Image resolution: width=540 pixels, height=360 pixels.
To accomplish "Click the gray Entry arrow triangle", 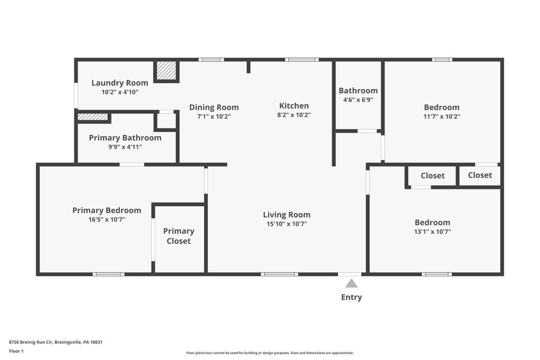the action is [352, 283].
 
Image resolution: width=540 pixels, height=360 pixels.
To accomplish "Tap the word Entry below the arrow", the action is [352, 297].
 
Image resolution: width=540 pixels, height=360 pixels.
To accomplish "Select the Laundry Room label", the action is [120, 83].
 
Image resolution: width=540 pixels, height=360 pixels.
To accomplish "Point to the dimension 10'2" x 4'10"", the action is [120, 92].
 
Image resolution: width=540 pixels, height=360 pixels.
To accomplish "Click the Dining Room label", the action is [214, 107].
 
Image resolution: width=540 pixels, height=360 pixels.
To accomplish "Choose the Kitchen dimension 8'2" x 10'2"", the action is [294, 115].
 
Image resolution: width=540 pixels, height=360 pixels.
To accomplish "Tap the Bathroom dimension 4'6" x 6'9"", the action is [358, 100].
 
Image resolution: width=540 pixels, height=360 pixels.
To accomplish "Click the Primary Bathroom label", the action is [125, 138].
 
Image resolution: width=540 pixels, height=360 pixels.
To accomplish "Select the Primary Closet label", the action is [179, 236].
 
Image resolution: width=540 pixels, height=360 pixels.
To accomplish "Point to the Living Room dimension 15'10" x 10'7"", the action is [287, 224].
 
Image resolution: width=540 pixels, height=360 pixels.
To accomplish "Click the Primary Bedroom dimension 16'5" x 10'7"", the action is [107, 220].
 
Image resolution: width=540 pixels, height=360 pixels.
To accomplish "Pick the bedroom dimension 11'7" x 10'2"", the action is [442, 117].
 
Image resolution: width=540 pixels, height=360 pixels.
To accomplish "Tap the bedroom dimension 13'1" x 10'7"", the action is [433, 232].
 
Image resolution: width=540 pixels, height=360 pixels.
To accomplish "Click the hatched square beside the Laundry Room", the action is [166, 71].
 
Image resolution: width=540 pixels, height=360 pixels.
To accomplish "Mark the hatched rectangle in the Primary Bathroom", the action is [93, 117].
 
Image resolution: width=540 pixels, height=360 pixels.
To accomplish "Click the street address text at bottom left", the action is [56, 342].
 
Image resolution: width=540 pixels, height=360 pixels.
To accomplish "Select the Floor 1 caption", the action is [16, 351].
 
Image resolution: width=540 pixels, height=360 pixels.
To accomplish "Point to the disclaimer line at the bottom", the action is [270, 353].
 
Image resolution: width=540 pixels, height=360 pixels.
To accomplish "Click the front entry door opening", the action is [349, 274].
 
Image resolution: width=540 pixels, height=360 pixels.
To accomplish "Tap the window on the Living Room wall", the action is [279, 274].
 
